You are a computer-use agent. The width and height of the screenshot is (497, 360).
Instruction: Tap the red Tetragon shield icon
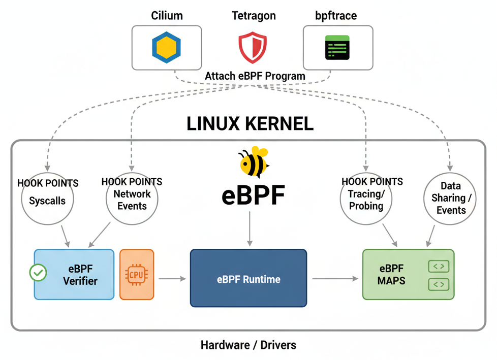(x=253, y=47)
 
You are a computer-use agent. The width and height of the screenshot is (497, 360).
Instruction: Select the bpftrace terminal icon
(x=337, y=48)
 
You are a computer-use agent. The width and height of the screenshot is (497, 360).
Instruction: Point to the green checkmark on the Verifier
(x=38, y=273)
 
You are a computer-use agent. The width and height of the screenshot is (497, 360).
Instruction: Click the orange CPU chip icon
(x=136, y=274)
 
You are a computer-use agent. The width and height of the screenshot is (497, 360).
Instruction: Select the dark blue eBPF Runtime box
(x=248, y=278)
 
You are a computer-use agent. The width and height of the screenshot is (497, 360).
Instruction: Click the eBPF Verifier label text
(x=80, y=275)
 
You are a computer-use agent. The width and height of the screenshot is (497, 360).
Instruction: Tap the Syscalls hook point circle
(x=47, y=200)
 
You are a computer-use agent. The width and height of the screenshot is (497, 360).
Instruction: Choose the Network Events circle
(x=132, y=200)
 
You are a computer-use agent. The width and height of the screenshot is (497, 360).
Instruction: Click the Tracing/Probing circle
(x=366, y=200)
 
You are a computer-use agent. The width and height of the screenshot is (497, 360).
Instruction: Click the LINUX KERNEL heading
(x=250, y=124)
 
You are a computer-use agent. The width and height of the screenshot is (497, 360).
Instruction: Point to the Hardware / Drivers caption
(x=248, y=345)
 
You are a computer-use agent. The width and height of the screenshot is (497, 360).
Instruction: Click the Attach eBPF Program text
(x=255, y=76)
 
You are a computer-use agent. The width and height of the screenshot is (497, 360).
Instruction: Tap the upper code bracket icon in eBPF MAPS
(x=438, y=266)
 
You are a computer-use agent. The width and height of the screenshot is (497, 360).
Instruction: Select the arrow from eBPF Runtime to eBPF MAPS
(x=333, y=278)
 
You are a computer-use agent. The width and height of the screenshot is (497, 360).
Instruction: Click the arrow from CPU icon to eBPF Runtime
(x=171, y=278)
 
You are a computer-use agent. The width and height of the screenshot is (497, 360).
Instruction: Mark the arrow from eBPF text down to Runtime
(x=250, y=229)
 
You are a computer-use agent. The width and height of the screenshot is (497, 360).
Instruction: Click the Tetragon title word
(x=253, y=16)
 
